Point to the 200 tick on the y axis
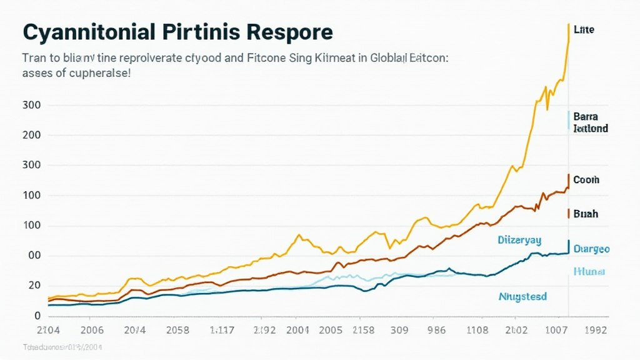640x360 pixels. pos(31,135)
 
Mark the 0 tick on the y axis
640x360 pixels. pos(37,316)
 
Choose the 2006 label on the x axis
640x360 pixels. pos(87,331)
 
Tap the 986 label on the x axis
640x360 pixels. pos(436,331)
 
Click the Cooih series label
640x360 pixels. pos(586,179)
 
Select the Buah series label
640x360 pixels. pos(585,214)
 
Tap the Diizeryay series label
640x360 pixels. pos(519,239)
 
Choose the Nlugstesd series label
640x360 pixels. pos(522,296)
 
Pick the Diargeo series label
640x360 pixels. pos(591,249)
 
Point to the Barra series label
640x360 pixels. pos(585,117)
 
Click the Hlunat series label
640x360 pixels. pos(589,271)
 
